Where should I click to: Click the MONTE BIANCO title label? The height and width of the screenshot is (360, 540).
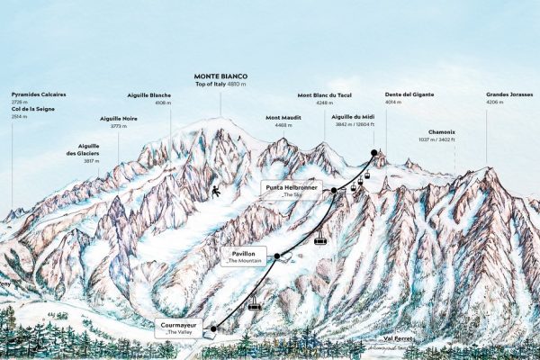tap(220, 76)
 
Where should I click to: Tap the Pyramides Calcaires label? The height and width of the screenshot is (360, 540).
tap(39, 94)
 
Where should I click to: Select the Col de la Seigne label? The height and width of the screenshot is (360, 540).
tap(32, 107)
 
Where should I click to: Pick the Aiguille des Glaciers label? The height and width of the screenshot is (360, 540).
tap(88, 149)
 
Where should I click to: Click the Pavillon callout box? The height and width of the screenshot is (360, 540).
tap(244, 258)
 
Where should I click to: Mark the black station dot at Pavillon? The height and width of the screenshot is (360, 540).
tap(277, 256)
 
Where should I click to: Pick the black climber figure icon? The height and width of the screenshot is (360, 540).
tap(216, 191)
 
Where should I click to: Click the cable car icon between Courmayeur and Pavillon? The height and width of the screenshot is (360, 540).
tap(255, 304)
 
